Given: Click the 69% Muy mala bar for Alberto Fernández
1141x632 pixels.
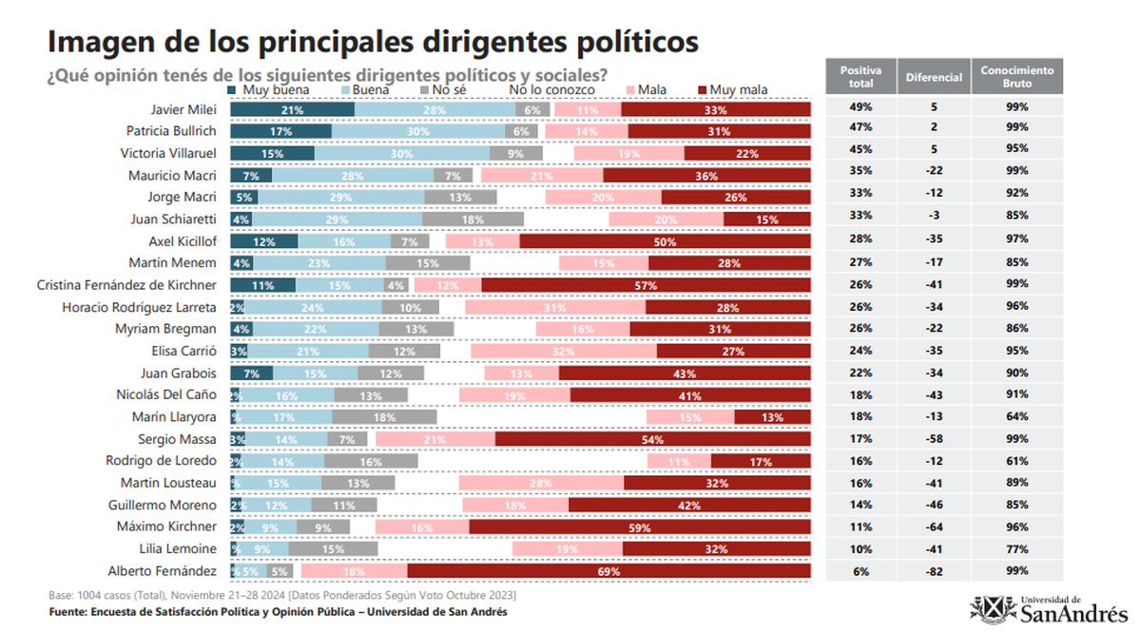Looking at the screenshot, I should click(x=609, y=571).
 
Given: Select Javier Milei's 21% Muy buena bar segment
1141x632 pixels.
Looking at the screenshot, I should click(x=292, y=109).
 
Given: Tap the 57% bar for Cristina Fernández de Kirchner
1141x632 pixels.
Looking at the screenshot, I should click(x=646, y=285).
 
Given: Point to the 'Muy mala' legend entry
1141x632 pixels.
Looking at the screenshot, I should click(x=732, y=90).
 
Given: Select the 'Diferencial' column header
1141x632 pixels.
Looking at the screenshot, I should click(x=934, y=76).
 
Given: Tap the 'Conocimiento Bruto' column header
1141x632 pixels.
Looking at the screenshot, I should click(x=1017, y=76).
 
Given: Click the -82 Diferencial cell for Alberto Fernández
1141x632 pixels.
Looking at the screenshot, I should click(x=934, y=571).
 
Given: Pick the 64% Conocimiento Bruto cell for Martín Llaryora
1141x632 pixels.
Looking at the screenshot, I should click(x=1017, y=416).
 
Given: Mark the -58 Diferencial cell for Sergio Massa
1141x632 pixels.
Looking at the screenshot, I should click(x=934, y=439).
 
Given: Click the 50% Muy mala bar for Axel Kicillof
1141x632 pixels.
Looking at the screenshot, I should click(x=666, y=241).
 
